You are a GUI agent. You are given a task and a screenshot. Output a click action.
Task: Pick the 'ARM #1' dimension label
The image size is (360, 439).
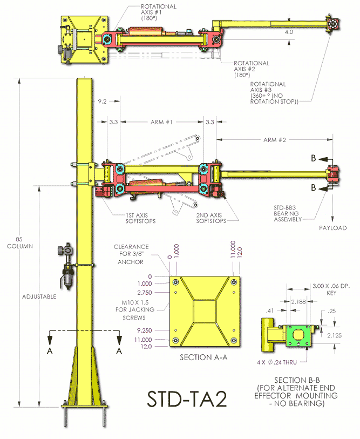tap(161, 122)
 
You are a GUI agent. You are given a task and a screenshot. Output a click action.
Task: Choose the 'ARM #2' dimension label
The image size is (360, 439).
tap(274, 140)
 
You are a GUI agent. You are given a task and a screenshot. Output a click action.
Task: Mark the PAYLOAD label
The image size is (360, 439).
tap(332, 228)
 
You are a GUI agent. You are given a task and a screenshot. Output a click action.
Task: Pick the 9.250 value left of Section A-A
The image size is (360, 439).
tap(145, 329)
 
